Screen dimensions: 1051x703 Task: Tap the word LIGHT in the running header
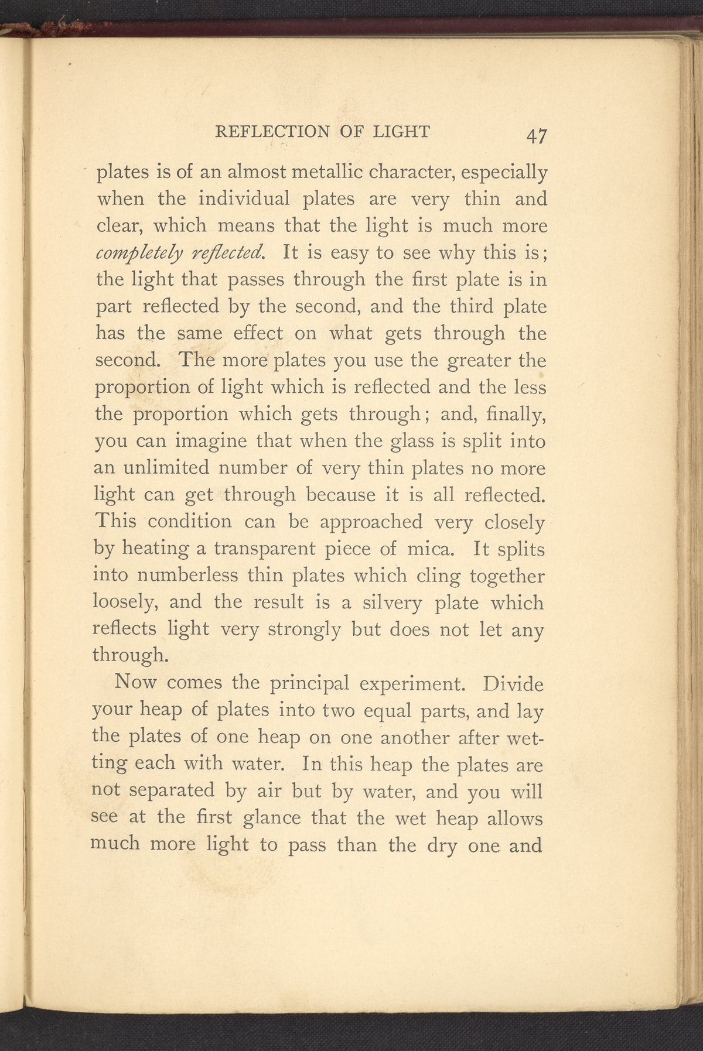coord(401,132)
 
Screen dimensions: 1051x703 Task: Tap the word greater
coord(479,361)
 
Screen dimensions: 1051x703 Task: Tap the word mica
coord(427,550)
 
